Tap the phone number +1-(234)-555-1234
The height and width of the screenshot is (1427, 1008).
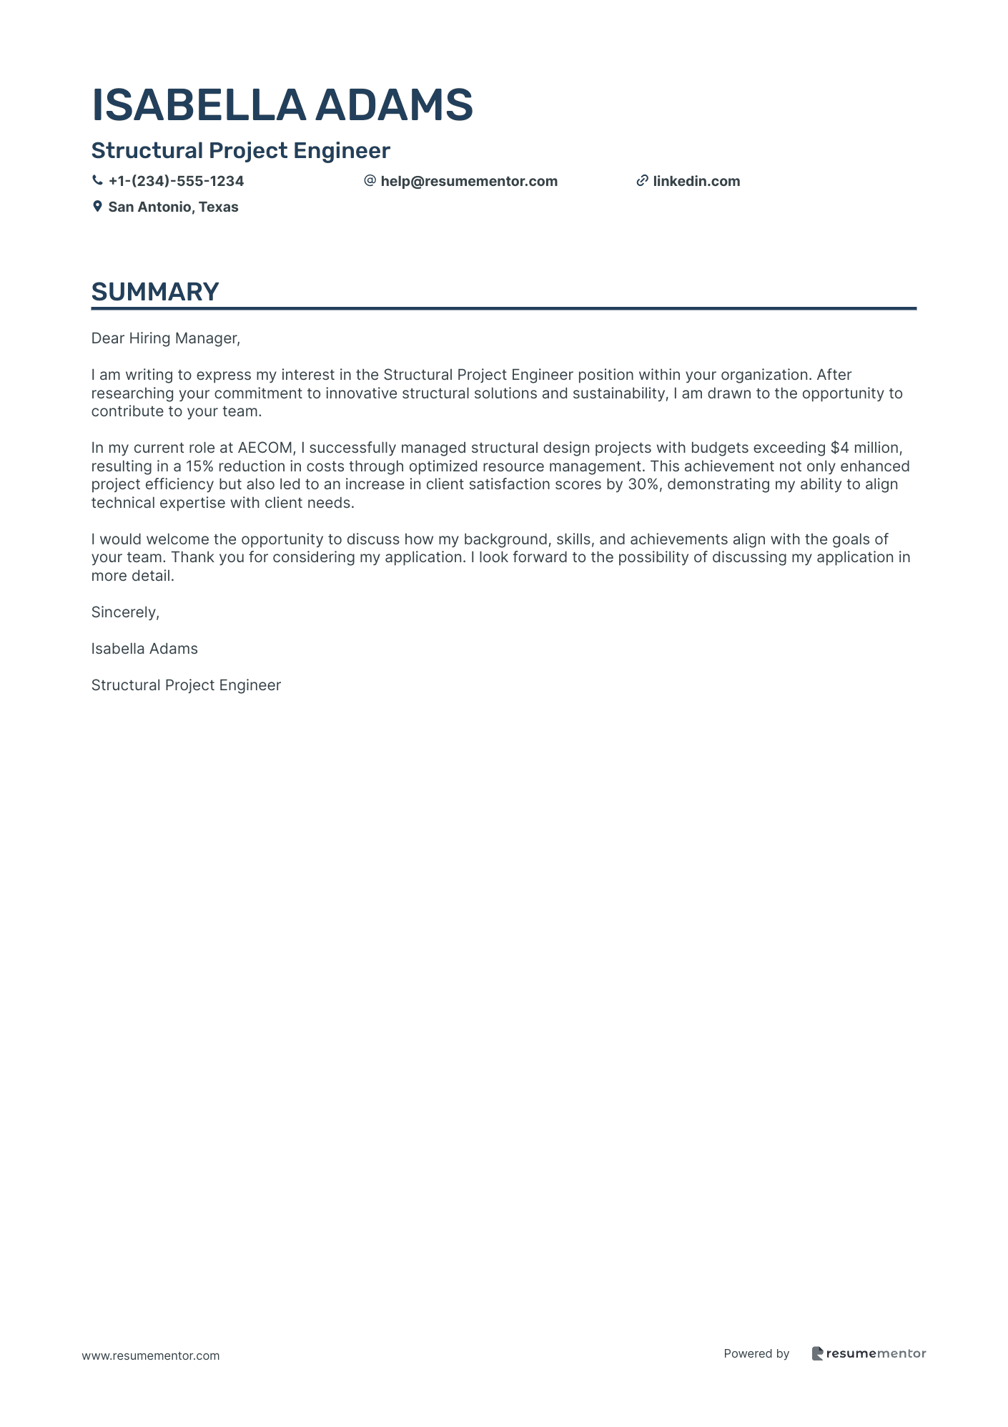[176, 181]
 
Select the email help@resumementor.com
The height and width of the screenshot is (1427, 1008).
[468, 181]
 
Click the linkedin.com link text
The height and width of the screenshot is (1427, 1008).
[696, 181]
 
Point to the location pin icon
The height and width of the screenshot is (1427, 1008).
[97, 207]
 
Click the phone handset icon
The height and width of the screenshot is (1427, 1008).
[97, 181]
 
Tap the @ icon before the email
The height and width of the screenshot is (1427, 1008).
[370, 181]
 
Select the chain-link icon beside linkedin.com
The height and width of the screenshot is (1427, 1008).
[642, 181]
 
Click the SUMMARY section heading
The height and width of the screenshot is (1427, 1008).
[155, 292]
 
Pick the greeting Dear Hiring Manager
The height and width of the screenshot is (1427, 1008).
[165, 338]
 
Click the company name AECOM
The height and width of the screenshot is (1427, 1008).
[265, 448]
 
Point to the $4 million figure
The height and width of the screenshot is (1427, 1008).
[866, 448]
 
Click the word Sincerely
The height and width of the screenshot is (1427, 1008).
[125, 612]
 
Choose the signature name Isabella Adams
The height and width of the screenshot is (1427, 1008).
[144, 649]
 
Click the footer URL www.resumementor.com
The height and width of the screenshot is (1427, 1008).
[151, 1355]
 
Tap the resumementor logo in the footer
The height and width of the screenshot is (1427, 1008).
[869, 1353]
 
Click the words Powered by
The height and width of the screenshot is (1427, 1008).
[756, 1353]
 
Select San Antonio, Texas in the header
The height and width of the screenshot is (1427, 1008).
[173, 207]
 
